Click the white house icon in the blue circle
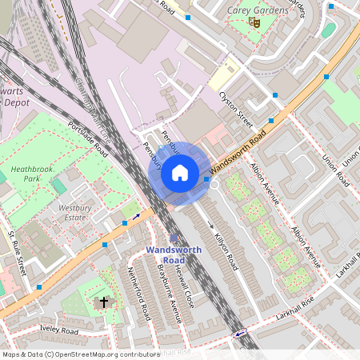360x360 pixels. tap(180, 173)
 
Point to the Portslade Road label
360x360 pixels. tap(88, 137)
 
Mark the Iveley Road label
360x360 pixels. tap(59, 330)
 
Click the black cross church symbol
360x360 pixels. tap(104, 302)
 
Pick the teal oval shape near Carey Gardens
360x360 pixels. tap(328, 30)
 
